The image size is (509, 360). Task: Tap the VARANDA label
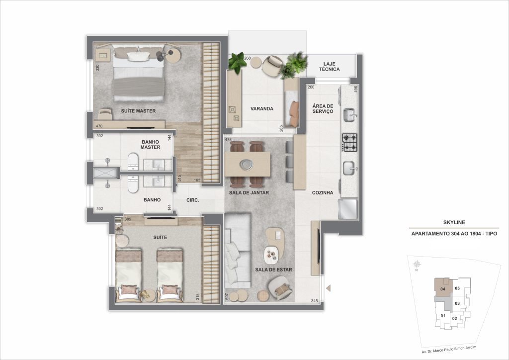(x=262, y=108)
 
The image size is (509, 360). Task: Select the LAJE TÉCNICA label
(x=331, y=67)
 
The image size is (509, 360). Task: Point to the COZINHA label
(x=322, y=192)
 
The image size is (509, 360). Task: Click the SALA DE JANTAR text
(x=249, y=192)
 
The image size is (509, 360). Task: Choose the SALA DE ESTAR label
(x=273, y=270)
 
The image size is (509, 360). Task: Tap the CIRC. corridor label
(x=193, y=200)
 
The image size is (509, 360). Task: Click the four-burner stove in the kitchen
(x=350, y=142)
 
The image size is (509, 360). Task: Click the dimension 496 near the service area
(x=355, y=90)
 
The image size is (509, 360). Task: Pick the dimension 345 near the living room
(x=314, y=301)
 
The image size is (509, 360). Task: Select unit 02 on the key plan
(x=454, y=318)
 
